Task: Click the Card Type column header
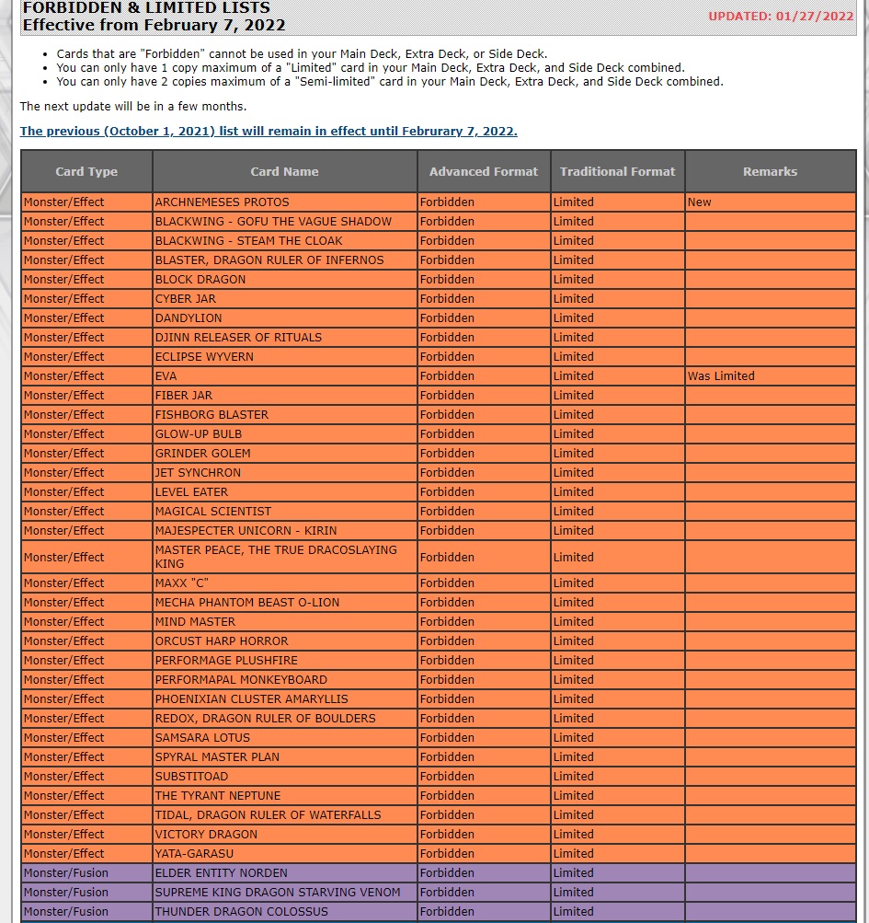[x=86, y=171]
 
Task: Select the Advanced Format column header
[x=484, y=171]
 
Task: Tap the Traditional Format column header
[x=617, y=171]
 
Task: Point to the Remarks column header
[x=770, y=171]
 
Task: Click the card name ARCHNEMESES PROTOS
[x=222, y=202]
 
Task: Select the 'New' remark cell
[x=700, y=202]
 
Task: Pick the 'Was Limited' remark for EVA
[x=721, y=376]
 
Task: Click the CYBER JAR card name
[x=186, y=299]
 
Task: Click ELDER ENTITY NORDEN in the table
[x=221, y=873]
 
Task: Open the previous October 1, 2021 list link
[x=269, y=132]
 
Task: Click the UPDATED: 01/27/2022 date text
[x=781, y=16]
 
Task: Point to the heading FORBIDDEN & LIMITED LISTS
[x=146, y=8]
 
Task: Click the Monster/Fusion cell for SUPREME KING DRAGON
[x=66, y=893]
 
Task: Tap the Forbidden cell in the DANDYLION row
[x=447, y=318]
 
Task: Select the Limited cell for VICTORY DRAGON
[x=574, y=835]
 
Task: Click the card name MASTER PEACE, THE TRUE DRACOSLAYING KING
[x=276, y=557]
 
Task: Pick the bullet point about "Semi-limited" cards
[x=390, y=82]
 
